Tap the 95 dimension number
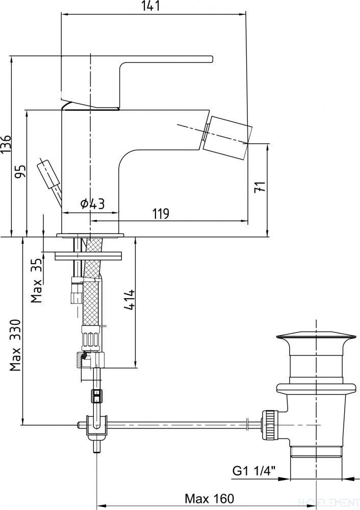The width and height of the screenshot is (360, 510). point(20,172)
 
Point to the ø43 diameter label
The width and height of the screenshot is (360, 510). point(92,204)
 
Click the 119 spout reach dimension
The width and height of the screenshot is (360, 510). point(161,214)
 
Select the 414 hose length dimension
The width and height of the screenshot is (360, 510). point(130,299)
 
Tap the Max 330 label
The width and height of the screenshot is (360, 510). point(15,345)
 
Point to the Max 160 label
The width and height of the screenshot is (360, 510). point(210,498)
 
